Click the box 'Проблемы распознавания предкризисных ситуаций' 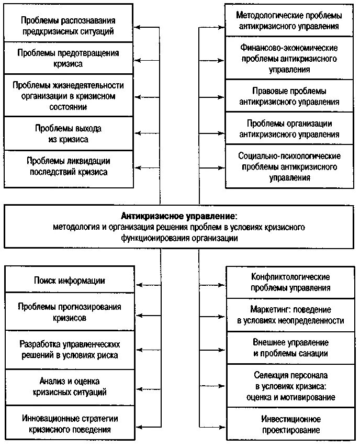tap(68, 26)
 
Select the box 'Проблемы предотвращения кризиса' tap(68, 58)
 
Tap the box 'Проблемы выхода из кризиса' tap(68, 133)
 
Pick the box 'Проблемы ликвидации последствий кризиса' tap(68, 166)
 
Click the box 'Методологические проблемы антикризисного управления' tap(289, 20)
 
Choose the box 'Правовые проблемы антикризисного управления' tap(289, 96)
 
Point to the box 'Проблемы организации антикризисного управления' tap(289, 129)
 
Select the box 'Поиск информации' tap(70, 281)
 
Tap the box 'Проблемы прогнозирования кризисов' tap(70, 312)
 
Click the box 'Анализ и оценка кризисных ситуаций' tap(70, 386)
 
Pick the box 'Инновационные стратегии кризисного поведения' tap(70, 424)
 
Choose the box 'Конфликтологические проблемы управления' tap(290, 282)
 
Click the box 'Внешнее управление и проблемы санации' tap(290, 348)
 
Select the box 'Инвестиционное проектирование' tap(290, 424)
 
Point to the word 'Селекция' tap(270, 376)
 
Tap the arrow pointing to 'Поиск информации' tap(149, 285)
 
